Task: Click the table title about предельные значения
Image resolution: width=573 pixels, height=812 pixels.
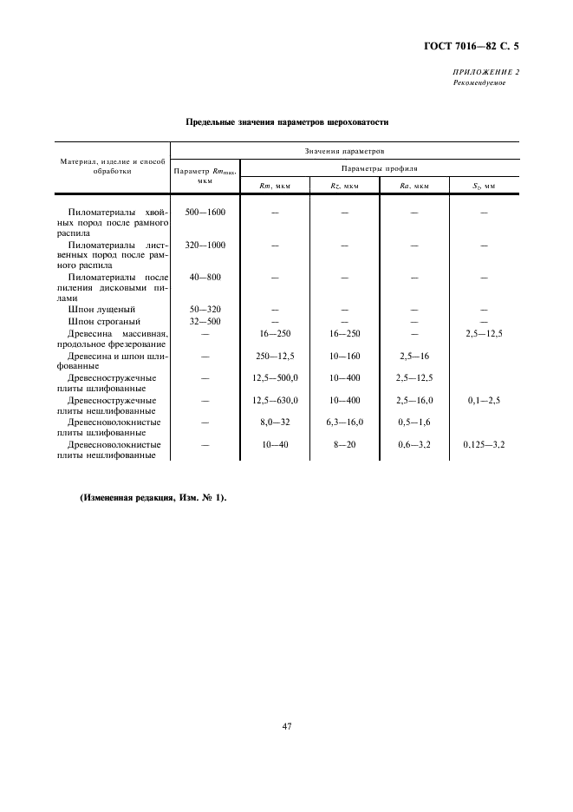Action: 287,122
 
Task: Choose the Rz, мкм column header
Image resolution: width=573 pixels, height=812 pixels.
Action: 344,186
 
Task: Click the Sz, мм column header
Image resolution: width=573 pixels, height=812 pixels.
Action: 484,186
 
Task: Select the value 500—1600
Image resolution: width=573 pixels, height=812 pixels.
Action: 205,212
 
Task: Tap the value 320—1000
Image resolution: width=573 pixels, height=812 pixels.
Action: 205,245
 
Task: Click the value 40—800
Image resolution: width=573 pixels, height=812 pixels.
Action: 205,277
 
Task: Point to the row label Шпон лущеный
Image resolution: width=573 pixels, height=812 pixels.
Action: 101,310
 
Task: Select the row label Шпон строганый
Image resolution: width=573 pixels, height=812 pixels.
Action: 105,321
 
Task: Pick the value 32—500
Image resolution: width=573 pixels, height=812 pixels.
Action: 205,321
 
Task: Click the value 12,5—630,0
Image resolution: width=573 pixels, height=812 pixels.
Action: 275,401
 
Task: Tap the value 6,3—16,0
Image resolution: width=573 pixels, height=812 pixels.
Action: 344,422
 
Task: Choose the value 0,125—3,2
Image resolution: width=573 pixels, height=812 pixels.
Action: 484,444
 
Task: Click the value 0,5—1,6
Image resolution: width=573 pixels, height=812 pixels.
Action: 414,422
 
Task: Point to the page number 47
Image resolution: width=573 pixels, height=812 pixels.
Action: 286,725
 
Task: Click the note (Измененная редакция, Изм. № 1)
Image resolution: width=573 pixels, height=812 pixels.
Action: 153,497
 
